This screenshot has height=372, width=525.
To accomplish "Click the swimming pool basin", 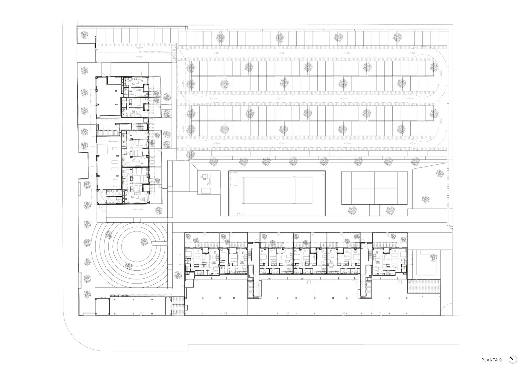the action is click(x=277, y=190).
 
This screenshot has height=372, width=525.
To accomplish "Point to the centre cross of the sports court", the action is click(x=374, y=188).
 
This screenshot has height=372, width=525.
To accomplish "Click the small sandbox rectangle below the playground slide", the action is click(x=206, y=191).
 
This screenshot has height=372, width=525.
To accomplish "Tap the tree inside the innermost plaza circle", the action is click(x=144, y=242).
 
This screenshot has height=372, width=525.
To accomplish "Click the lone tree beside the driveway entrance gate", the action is click(x=84, y=35).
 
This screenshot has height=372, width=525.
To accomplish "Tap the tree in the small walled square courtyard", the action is click(x=433, y=257).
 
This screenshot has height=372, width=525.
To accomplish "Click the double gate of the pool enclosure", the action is click(x=241, y=214).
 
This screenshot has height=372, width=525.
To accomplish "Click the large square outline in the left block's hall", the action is click(x=104, y=149).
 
